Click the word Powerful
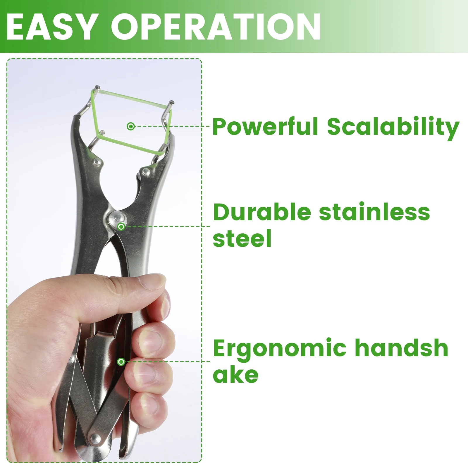click(265, 126)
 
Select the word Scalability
click(393, 128)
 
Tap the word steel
click(242, 238)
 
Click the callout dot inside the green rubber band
click(131, 126)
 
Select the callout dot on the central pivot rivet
click(121, 227)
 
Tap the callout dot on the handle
click(121, 362)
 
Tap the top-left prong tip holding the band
click(97, 87)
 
